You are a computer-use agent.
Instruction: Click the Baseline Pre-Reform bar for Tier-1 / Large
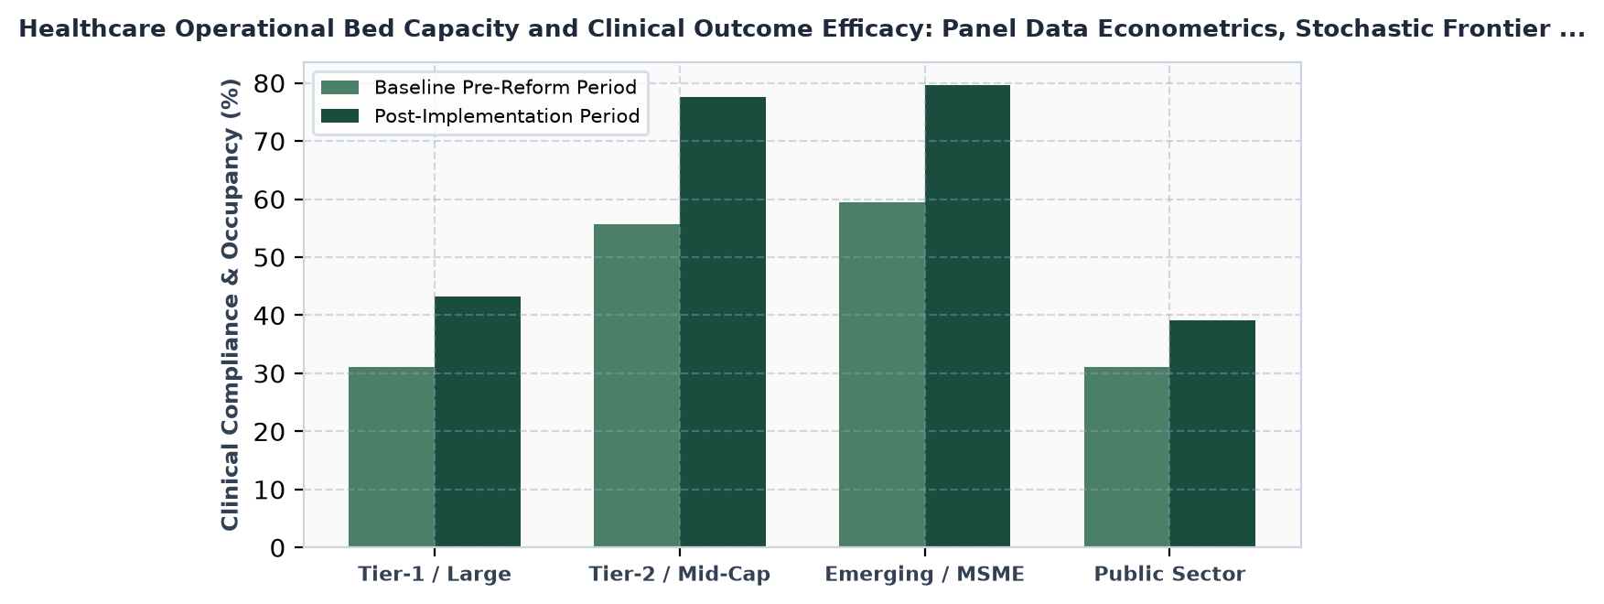392,458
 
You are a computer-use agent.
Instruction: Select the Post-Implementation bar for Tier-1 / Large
478,422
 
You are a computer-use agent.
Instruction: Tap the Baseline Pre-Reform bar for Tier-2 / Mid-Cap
637,386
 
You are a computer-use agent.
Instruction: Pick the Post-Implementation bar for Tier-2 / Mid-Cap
723,322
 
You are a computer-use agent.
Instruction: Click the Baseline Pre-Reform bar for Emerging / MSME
882,375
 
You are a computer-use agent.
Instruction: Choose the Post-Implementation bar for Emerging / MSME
968,317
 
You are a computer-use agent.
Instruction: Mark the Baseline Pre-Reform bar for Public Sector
1127,458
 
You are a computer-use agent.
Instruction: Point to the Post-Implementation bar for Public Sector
1212,434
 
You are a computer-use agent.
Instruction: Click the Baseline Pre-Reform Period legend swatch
339,88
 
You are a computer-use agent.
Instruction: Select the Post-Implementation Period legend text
507,116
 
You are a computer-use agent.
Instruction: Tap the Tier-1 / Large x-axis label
435,575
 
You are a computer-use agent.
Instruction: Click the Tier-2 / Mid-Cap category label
680,575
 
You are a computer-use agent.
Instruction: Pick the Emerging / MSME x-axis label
925,575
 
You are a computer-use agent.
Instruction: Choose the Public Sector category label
1170,575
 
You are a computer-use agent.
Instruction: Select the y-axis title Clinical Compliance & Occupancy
231,304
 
